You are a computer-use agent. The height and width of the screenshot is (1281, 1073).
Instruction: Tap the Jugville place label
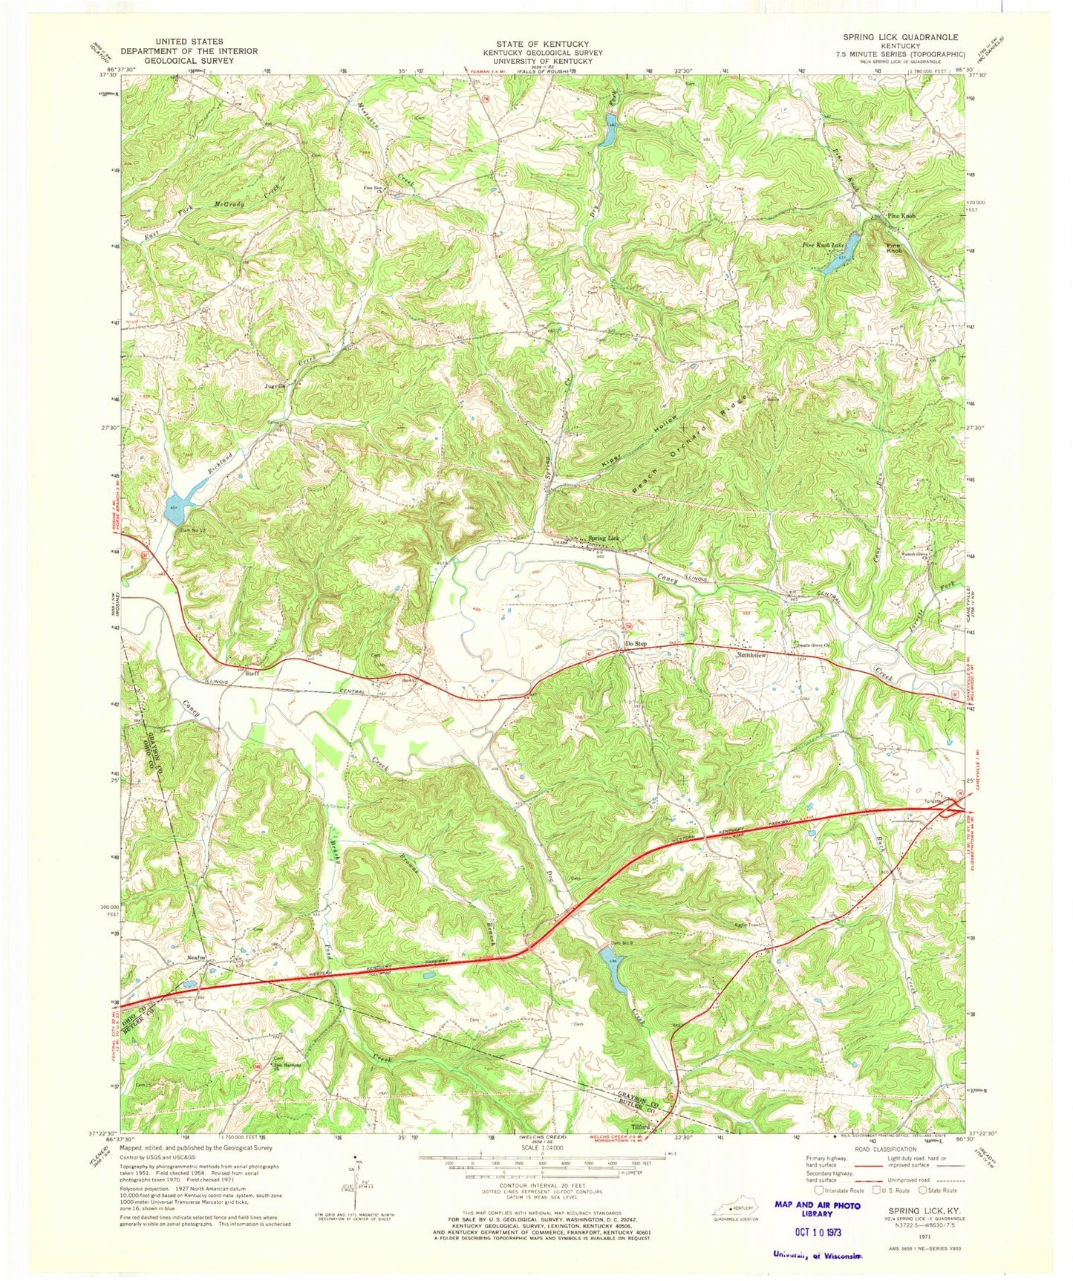(272, 386)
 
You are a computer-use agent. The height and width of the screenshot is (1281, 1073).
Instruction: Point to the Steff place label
(252, 674)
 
